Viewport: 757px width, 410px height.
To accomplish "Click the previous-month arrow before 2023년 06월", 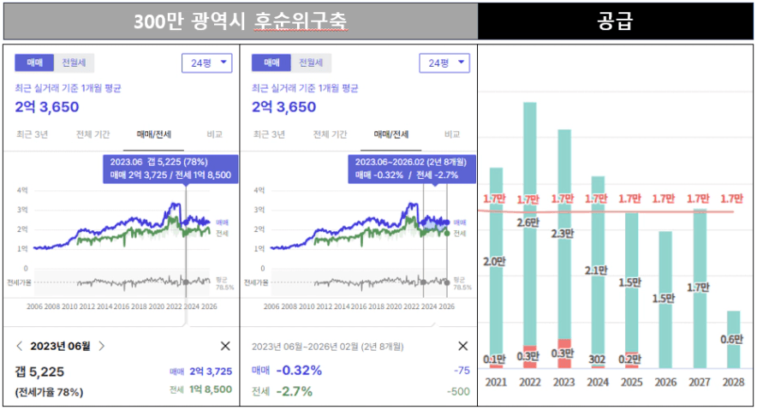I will point(20,346).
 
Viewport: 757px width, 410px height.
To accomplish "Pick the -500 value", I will point(458,391).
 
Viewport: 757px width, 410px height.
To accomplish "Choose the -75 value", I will point(462,371).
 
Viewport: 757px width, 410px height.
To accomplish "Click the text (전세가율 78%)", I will point(50,391).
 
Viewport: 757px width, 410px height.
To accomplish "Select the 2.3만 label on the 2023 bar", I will point(563,234).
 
